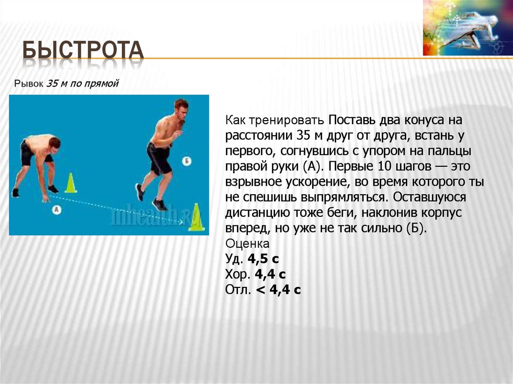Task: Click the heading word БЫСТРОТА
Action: tap(83, 53)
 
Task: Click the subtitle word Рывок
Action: tap(29, 84)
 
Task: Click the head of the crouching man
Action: tap(54, 143)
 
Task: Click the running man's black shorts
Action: tap(159, 158)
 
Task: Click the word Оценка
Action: tap(248, 244)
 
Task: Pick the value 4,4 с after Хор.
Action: tap(270, 274)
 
